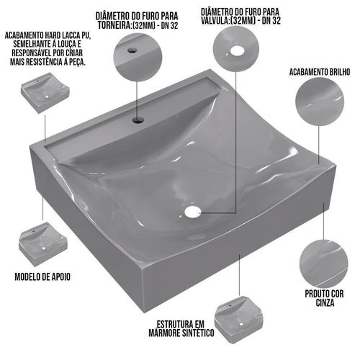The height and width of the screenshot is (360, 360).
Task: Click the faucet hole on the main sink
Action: [x=138, y=120]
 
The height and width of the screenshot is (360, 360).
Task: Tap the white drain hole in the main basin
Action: [x=193, y=212]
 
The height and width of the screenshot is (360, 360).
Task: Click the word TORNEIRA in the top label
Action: [x=114, y=25]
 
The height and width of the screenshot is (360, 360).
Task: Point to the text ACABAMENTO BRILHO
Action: [x=320, y=72]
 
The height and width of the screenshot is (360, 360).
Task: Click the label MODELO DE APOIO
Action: [x=42, y=276]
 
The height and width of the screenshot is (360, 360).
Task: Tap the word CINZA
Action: [x=325, y=302]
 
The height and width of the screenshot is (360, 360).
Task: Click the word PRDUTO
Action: [x=315, y=294]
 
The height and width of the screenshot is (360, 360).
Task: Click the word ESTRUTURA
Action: [x=174, y=324]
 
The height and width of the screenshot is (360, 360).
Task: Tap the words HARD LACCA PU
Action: [x=68, y=35]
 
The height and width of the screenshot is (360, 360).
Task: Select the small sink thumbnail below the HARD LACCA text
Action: [x=45, y=93]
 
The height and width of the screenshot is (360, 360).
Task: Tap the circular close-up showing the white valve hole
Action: [x=236, y=49]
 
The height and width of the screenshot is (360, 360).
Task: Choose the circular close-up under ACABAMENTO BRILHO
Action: [x=320, y=102]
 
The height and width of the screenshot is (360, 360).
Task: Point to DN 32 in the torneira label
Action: [x=170, y=25]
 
